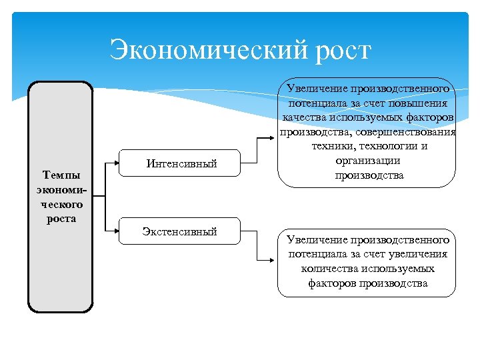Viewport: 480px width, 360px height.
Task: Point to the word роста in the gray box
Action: pos(61,219)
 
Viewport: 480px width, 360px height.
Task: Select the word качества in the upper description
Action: pos(305,118)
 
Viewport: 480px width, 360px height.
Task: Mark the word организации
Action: pos(367,161)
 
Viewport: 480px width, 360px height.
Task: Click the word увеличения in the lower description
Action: pos(417,254)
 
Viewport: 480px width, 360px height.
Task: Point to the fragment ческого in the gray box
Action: pos(61,205)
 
